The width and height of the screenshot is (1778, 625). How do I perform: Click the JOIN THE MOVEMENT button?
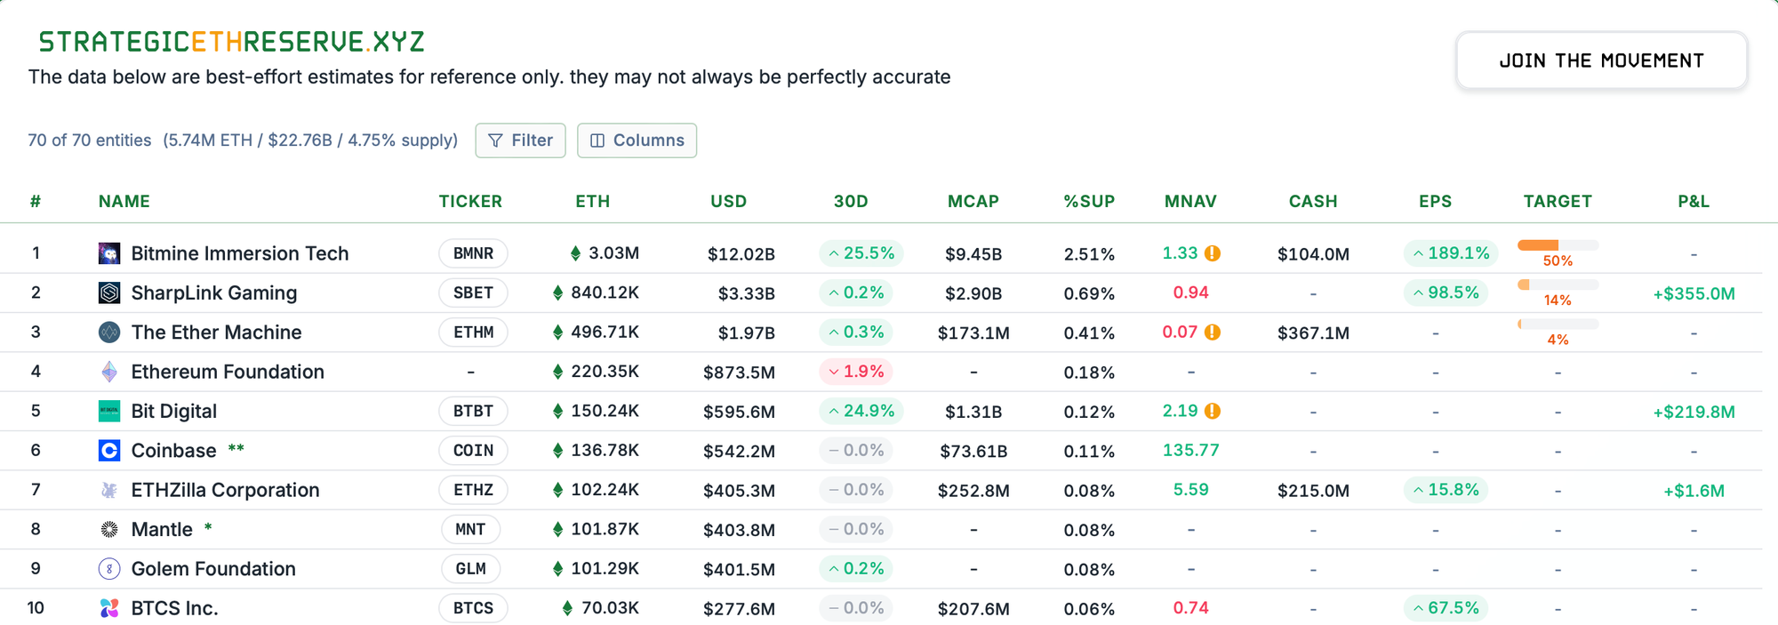click(1601, 60)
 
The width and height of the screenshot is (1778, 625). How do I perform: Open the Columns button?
click(637, 140)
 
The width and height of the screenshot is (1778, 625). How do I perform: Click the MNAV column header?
click(1190, 202)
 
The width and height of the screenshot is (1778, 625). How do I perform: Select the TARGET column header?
click(1558, 202)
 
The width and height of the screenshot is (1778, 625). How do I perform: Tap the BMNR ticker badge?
click(473, 253)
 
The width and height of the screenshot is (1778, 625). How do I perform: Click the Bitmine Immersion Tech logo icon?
click(109, 253)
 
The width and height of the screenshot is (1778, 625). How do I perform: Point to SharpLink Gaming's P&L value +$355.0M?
click(1694, 293)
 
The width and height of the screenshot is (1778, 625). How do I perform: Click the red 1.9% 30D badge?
click(855, 372)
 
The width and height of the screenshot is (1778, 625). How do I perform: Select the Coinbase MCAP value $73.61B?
click(973, 451)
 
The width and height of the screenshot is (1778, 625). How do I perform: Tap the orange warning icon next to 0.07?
click(1213, 333)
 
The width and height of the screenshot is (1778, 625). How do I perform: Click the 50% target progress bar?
click(1558, 245)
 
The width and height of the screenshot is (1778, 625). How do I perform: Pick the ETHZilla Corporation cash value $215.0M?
click(1313, 491)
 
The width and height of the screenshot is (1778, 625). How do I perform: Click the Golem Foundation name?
click(213, 569)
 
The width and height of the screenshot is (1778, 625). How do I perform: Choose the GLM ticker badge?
click(470, 569)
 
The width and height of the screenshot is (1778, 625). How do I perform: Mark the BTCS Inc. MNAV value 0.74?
click(1190, 608)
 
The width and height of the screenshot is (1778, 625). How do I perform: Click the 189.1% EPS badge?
click(1451, 253)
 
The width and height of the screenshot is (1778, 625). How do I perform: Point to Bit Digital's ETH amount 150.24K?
click(605, 411)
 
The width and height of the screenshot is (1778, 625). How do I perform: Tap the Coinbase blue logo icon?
click(109, 451)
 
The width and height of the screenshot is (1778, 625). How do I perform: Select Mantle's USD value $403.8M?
click(739, 530)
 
